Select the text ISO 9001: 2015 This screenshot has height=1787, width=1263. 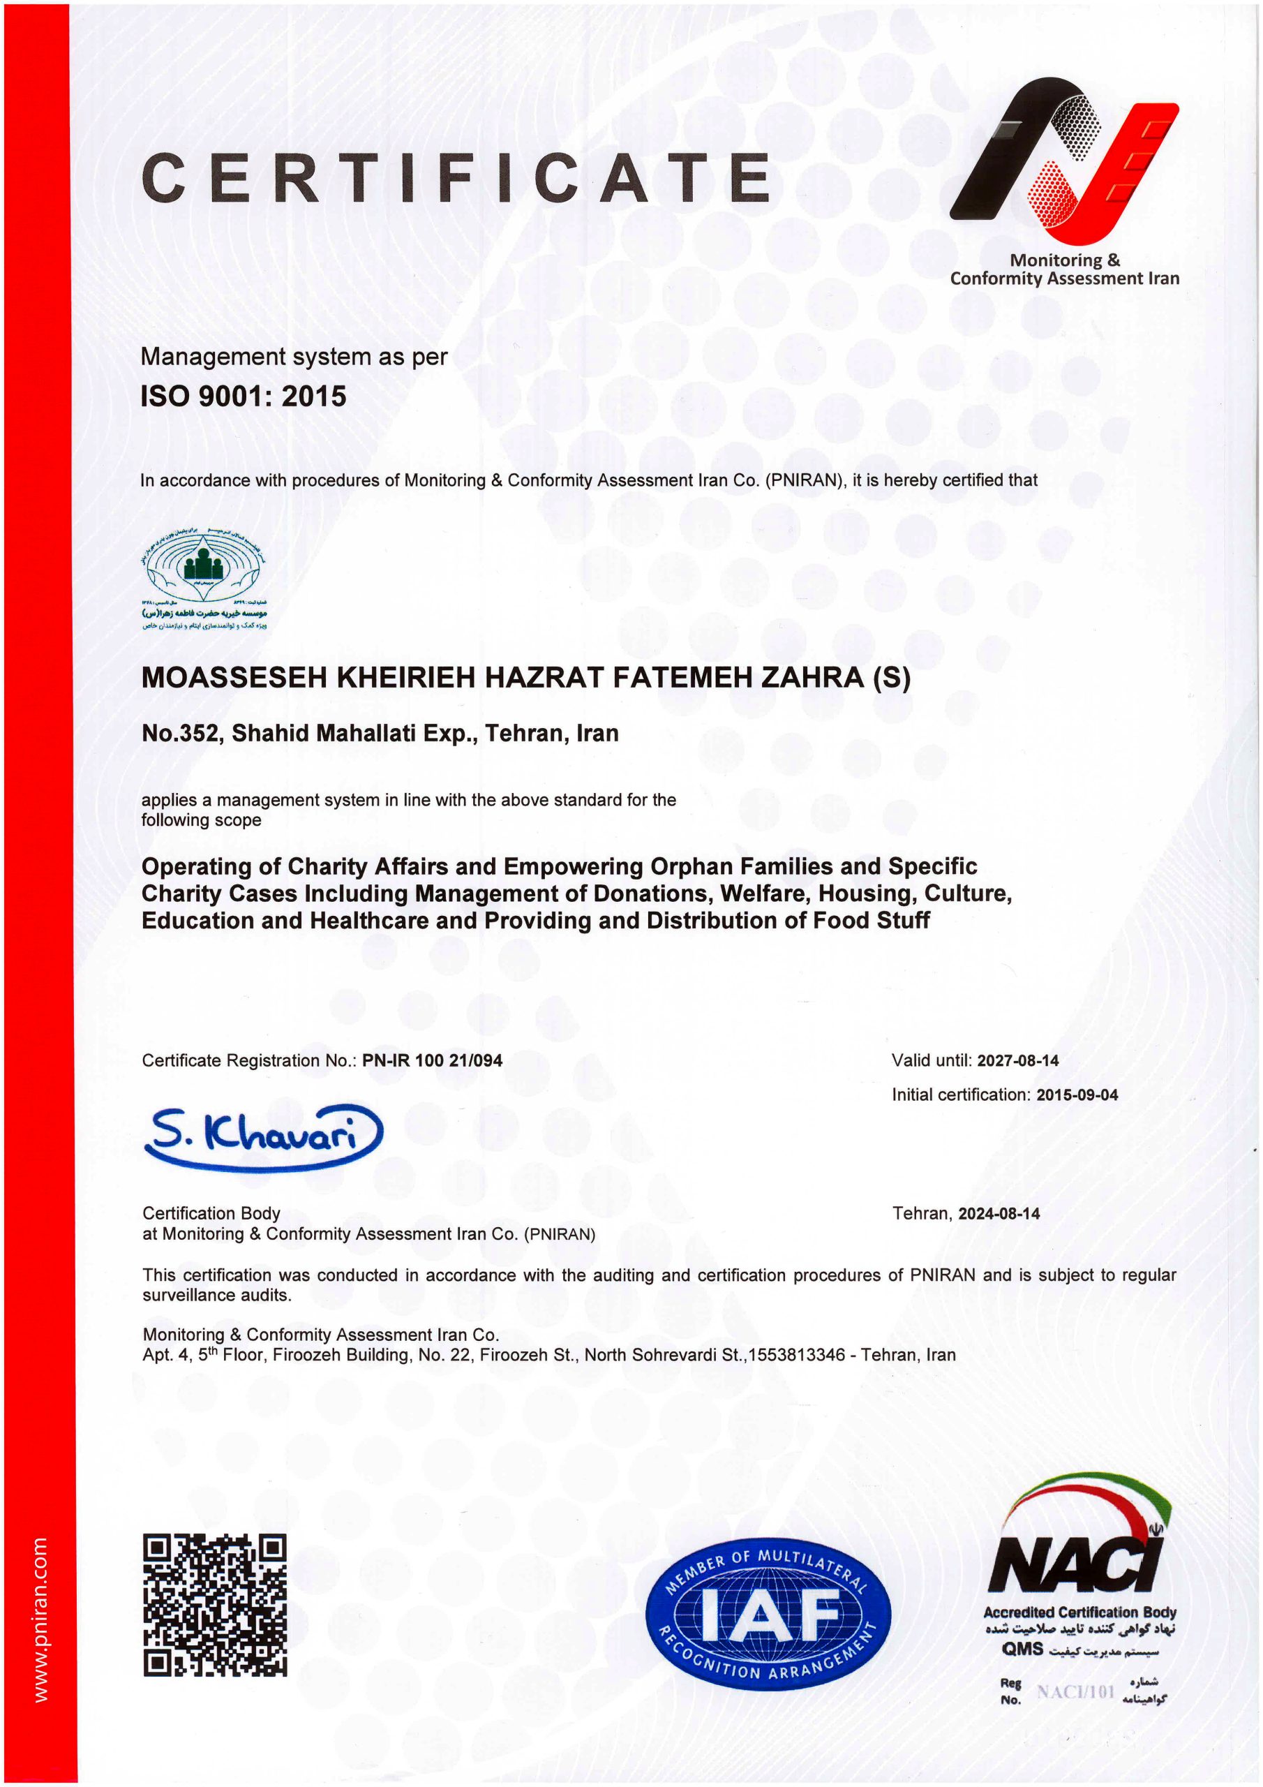click(x=243, y=396)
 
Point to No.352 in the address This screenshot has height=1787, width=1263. click(x=181, y=733)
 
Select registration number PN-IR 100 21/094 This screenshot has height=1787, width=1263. click(x=432, y=1060)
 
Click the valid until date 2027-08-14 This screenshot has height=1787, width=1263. click(x=1017, y=1060)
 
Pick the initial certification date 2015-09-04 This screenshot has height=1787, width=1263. click(x=1076, y=1095)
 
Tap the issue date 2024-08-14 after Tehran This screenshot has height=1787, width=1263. click(x=999, y=1213)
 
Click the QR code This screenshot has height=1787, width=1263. click(x=215, y=1605)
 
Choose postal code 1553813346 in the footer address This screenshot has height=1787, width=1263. click(x=796, y=1355)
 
